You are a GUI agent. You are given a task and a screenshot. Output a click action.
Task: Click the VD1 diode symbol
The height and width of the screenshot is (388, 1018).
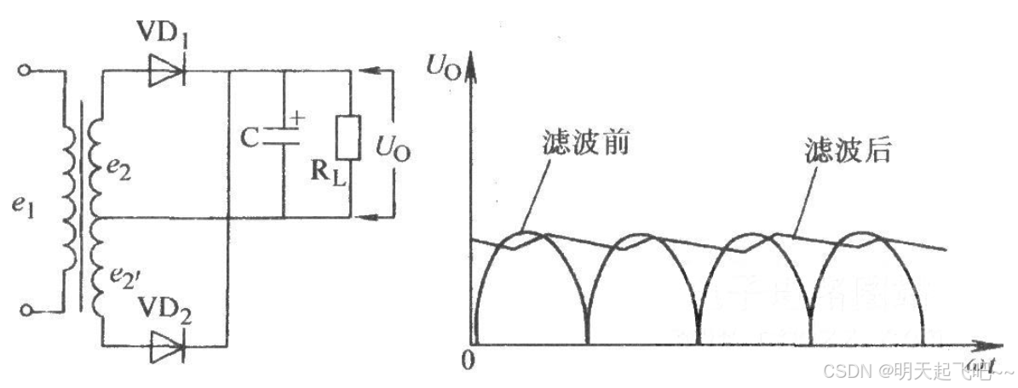pos(167,72)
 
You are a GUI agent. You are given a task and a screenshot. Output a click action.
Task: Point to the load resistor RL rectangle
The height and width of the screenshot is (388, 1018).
pos(347,139)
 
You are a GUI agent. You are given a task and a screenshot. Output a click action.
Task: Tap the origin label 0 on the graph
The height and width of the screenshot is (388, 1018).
pos(464,361)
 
